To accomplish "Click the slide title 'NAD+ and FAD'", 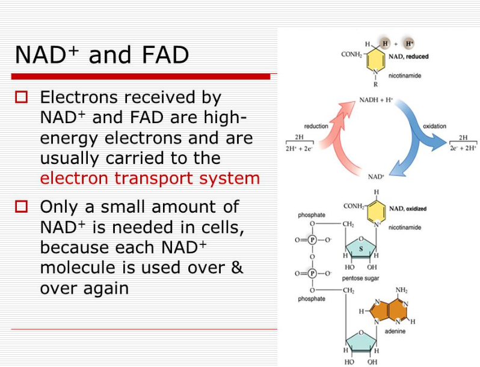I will tap(102, 55).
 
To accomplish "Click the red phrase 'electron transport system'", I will tap(150, 178).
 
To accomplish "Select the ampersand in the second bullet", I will tap(236, 267).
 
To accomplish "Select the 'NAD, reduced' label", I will tap(408, 56).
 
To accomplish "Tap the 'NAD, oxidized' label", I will tap(408, 208).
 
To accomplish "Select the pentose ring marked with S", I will tap(361, 248).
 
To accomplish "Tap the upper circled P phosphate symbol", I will tap(312, 239).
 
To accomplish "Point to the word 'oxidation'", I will tap(434, 126).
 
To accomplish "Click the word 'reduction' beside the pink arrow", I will tap(316, 126).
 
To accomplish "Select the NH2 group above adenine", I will tap(401, 290).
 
